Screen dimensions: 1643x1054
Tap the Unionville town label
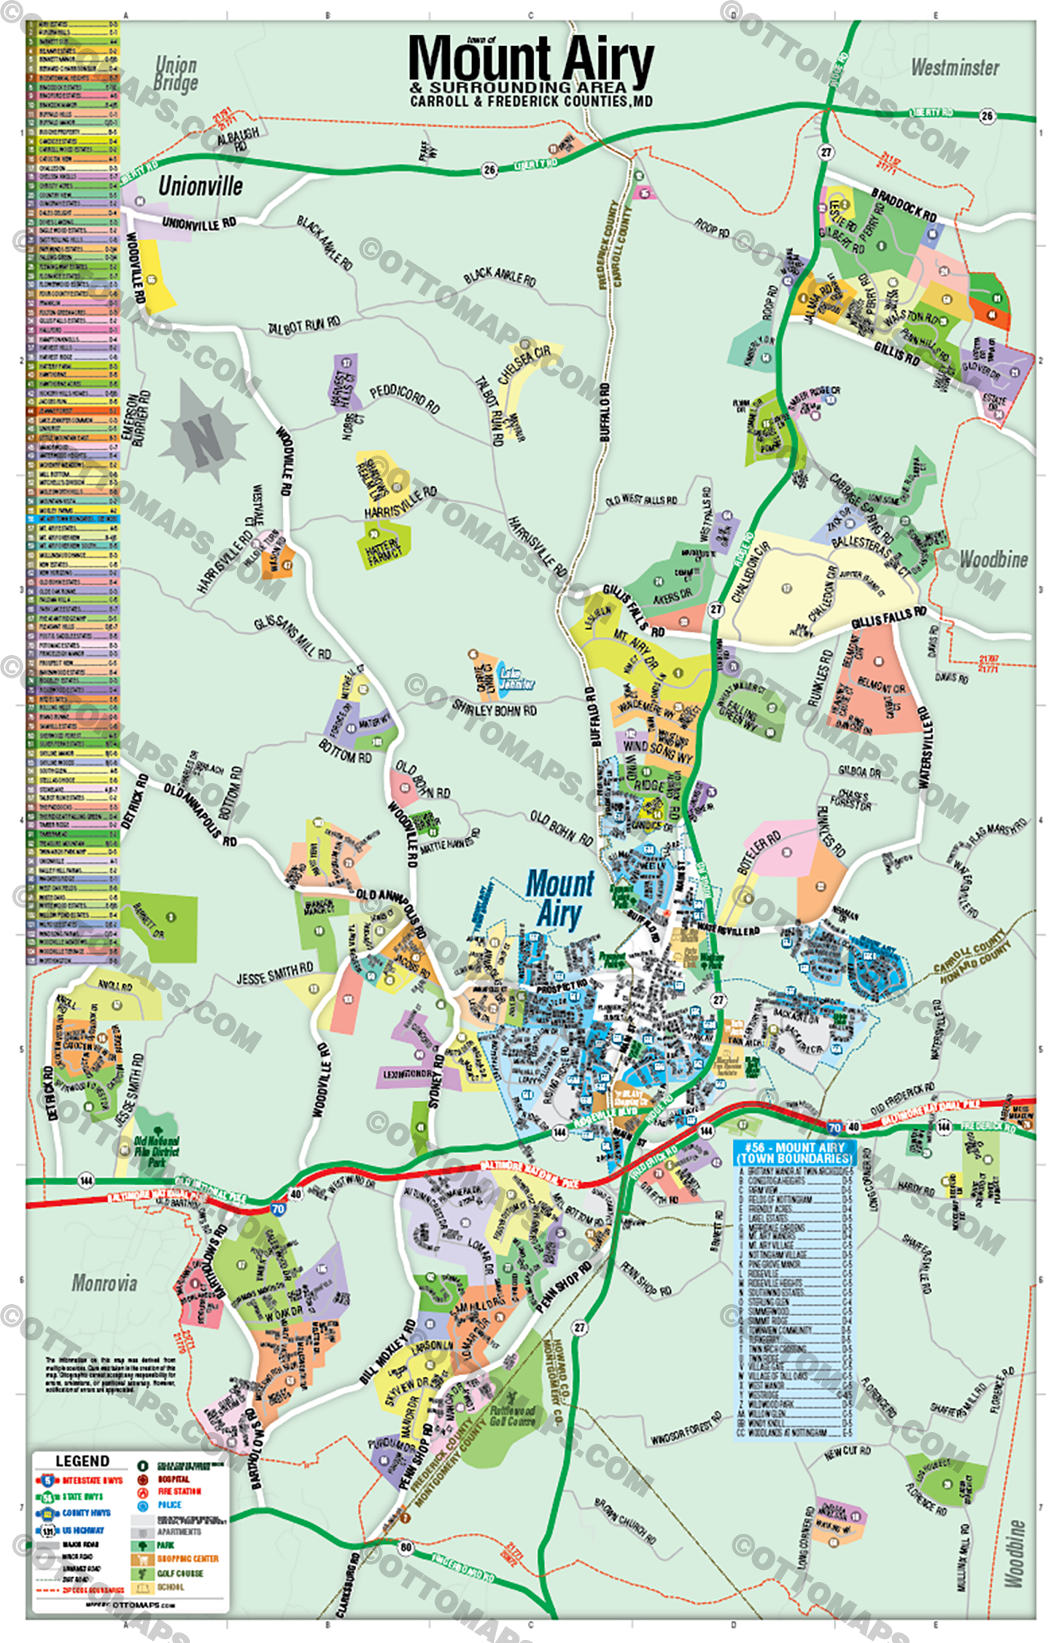pos(200,187)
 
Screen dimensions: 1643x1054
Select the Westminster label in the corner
pos(955,68)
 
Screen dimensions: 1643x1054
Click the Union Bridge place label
pos(175,74)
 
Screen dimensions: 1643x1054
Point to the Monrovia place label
pos(105,1282)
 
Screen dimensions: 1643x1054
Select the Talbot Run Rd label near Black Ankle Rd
pos(304,326)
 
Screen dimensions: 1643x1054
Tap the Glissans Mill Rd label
pos(292,637)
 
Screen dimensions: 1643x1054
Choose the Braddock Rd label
pos(903,205)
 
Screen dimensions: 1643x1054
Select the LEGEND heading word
pos(83,1461)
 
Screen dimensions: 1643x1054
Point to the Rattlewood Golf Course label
pos(512,1416)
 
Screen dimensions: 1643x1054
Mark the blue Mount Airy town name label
pos(559,898)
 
